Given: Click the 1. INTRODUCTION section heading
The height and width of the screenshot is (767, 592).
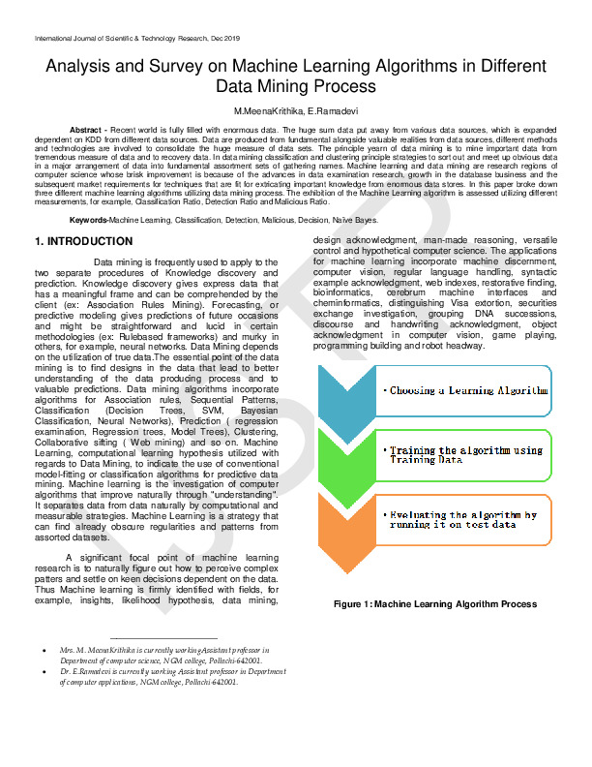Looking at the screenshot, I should (76, 240).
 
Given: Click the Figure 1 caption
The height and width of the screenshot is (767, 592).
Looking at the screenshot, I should (434, 603).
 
